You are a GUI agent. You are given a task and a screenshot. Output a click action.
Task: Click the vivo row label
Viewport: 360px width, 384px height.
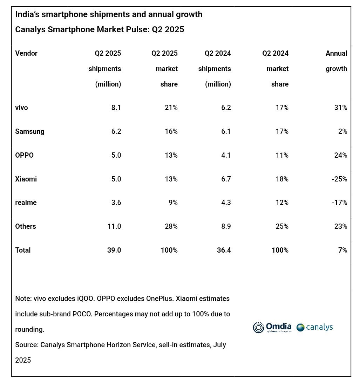pos(21,108)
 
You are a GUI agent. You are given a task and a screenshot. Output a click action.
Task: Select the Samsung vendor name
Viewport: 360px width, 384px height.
pos(30,131)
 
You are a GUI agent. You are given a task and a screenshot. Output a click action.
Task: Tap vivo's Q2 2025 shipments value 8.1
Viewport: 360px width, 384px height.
pos(116,108)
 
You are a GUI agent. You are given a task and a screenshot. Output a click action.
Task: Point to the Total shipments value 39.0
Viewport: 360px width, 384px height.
pos(114,250)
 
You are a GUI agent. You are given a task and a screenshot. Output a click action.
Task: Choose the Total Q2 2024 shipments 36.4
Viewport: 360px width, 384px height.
pos(224,250)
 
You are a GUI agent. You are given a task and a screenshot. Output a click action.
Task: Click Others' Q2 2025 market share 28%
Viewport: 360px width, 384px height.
pos(171,226)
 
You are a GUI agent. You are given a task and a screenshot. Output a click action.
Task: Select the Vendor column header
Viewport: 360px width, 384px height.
pos(26,53)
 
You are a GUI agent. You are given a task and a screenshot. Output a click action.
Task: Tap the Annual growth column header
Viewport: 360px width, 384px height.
pos(336,61)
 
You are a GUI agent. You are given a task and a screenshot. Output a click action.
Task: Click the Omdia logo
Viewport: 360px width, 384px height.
pos(272,327)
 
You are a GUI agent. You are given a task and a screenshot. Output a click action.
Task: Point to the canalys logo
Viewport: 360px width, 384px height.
pos(315,327)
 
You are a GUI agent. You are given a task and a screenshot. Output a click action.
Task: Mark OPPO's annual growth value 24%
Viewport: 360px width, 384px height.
pos(341,155)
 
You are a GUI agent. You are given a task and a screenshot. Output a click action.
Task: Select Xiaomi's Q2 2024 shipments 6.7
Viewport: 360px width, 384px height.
pos(225,179)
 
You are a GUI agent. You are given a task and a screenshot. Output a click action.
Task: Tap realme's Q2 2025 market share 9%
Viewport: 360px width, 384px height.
pos(173,203)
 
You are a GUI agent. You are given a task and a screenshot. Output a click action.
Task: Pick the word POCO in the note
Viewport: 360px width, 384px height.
pos(82,314)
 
